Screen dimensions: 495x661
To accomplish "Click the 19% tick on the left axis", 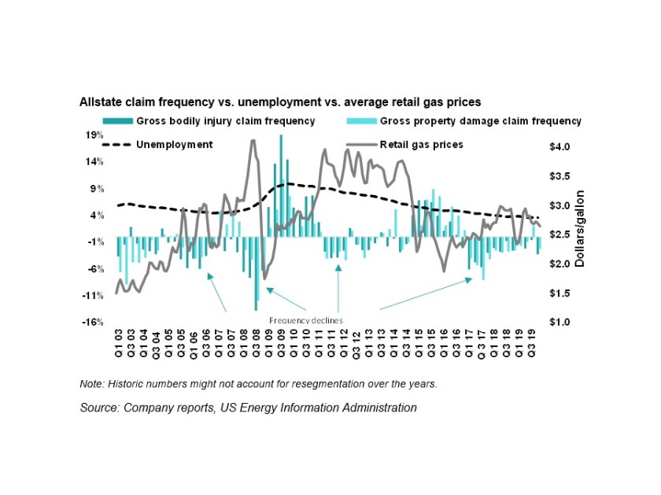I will (x=94, y=135).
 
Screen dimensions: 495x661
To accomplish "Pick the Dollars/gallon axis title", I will (x=580, y=228).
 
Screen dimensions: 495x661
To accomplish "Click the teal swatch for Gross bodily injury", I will (x=117, y=121).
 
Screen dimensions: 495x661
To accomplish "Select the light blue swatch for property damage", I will (x=360, y=121).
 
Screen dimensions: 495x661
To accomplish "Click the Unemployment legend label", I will (x=175, y=145).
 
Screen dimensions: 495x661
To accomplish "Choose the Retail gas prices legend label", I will (x=421, y=145).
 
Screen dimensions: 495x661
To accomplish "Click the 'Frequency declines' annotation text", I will (x=306, y=320).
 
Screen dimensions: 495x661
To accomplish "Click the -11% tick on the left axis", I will (x=93, y=296).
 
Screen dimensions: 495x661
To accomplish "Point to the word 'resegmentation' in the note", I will (x=341, y=384).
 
